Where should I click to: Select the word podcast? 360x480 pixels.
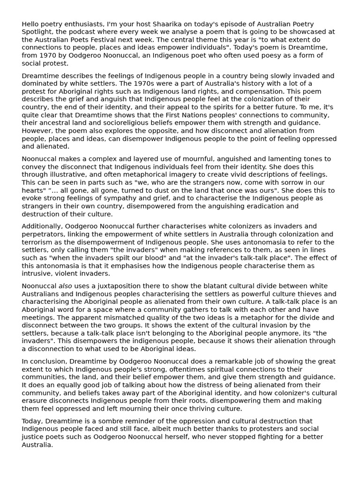click(87, 32)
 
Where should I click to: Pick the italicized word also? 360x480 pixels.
click(65, 286)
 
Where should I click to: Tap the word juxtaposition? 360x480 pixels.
click(110, 286)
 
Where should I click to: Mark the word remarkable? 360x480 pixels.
click(223, 361)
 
